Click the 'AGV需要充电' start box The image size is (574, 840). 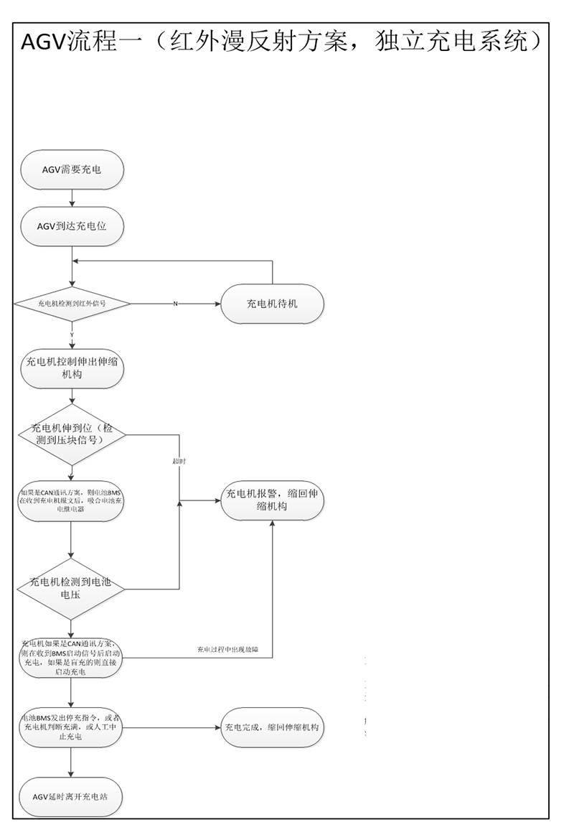pos(72,170)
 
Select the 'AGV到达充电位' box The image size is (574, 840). pos(72,226)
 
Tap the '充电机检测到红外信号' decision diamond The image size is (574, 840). pos(72,304)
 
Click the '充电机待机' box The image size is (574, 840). pos(272,304)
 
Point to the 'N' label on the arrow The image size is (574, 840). pos(175,304)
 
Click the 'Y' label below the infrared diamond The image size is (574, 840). pos(72,335)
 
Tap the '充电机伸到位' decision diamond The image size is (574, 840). pos(72,434)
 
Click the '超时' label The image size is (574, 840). pos(179,461)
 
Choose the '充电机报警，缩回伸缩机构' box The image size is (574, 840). pos(272,500)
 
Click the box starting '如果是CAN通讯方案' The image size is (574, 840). pos(72,500)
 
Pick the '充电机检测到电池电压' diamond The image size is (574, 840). pos(72,589)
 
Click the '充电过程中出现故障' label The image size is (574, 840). pos(227,650)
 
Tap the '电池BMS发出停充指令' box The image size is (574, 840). pos(72,728)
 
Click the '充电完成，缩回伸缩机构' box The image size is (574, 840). pos(272,728)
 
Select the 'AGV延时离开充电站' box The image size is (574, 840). pos(72,797)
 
